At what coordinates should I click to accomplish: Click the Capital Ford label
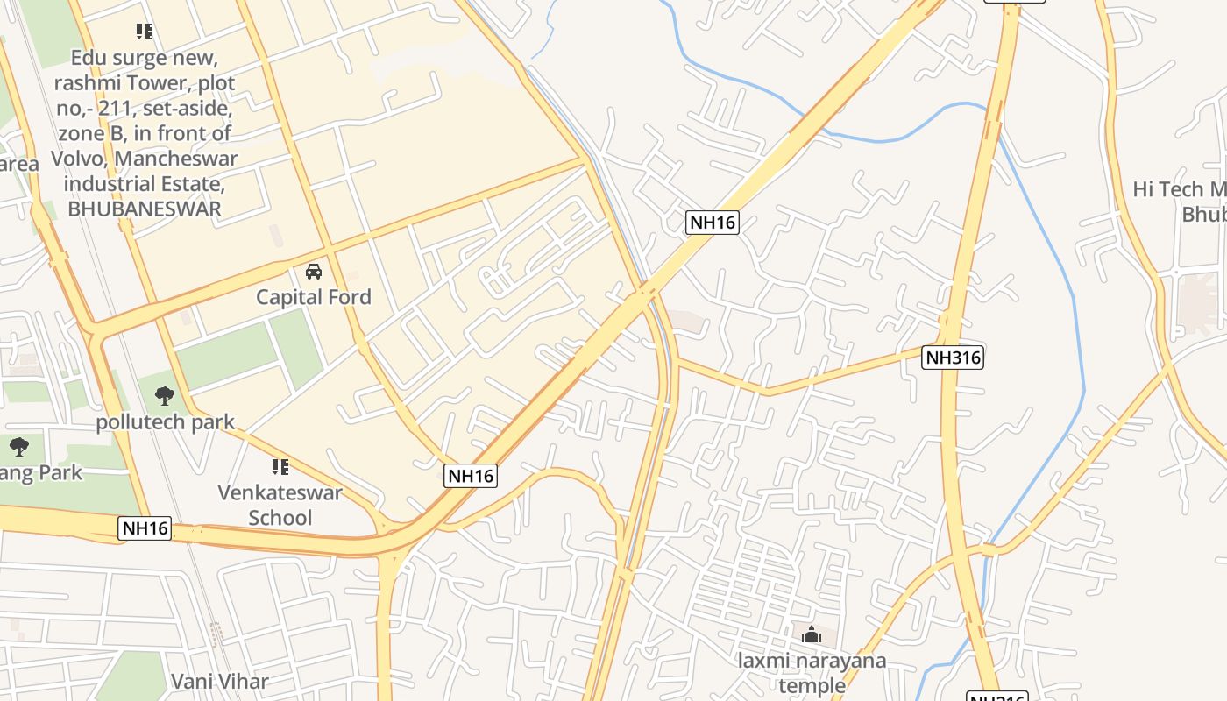pos(314,297)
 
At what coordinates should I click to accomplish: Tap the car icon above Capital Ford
pos(314,272)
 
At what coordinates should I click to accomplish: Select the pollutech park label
pos(165,422)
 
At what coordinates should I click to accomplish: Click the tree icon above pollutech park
pos(164,396)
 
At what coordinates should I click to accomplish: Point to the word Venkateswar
pos(280,492)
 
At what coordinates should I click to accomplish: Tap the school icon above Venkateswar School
pos(280,467)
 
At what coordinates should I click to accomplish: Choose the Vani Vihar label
pos(220,681)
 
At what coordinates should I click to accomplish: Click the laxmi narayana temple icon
pos(811,634)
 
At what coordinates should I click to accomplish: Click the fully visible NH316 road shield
pos(953,358)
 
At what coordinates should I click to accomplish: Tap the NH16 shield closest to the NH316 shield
pos(712,223)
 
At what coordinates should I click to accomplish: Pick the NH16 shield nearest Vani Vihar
pos(145,528)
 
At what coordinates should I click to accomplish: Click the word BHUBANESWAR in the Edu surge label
pos(145,209)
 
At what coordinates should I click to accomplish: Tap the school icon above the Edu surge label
pos(145,32)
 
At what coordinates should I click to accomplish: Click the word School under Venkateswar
pos(280,518)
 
